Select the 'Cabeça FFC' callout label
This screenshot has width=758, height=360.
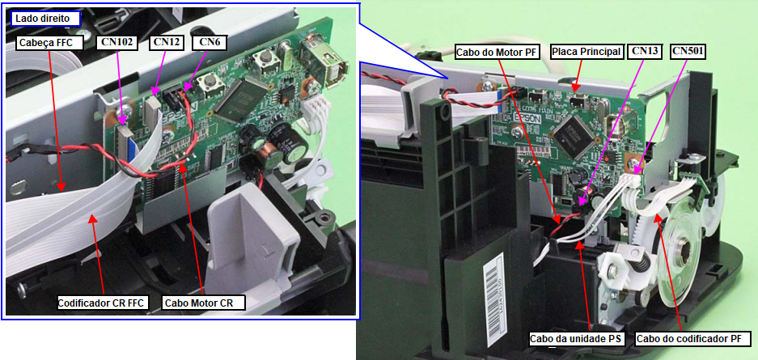(x=50, y=43)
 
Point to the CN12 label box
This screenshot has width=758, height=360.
(x=167, y=42)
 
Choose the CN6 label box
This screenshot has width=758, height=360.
(x=209, y=42)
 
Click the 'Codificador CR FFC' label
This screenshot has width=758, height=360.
(x=103, y=303)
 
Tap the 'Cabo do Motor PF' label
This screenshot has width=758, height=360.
(x=498, y=52)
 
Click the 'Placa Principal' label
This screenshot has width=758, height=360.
(x=586, y=52)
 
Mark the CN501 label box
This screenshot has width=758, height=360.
(x=688, y=52)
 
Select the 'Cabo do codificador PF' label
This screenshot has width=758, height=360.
(x=692, y=338)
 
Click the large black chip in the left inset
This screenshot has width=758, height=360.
(x=240, y=98)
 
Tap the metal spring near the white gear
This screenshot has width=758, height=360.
(x=640, y=264)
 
